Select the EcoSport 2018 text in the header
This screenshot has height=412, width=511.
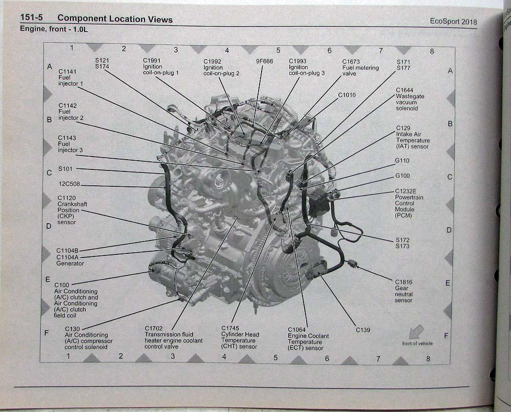[x=453, y=21]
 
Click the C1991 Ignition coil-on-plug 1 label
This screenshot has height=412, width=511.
[x=160, y=67]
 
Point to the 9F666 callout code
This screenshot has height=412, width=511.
[x=264, y=61]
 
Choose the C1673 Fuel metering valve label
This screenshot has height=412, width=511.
[x=360, y=68]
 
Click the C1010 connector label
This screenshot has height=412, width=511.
[x=346, y=95]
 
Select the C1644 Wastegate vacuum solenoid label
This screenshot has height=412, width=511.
[x=410, y=99]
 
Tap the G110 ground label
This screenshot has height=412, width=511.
[x=402, y=161]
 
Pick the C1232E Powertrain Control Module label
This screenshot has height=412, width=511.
[x=409, y=203]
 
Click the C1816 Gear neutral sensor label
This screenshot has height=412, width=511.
[x=404, y=291]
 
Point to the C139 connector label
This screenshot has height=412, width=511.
[x=363, y=330]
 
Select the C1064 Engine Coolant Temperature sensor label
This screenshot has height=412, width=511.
[x=308, y=339]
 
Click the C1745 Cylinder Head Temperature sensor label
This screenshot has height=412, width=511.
[x=240, y=337]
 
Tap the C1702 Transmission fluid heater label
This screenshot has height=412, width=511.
[x=173, y=337]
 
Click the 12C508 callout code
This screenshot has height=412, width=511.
[x=69, y=185]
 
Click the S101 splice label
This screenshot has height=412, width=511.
[x=65, y=169]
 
